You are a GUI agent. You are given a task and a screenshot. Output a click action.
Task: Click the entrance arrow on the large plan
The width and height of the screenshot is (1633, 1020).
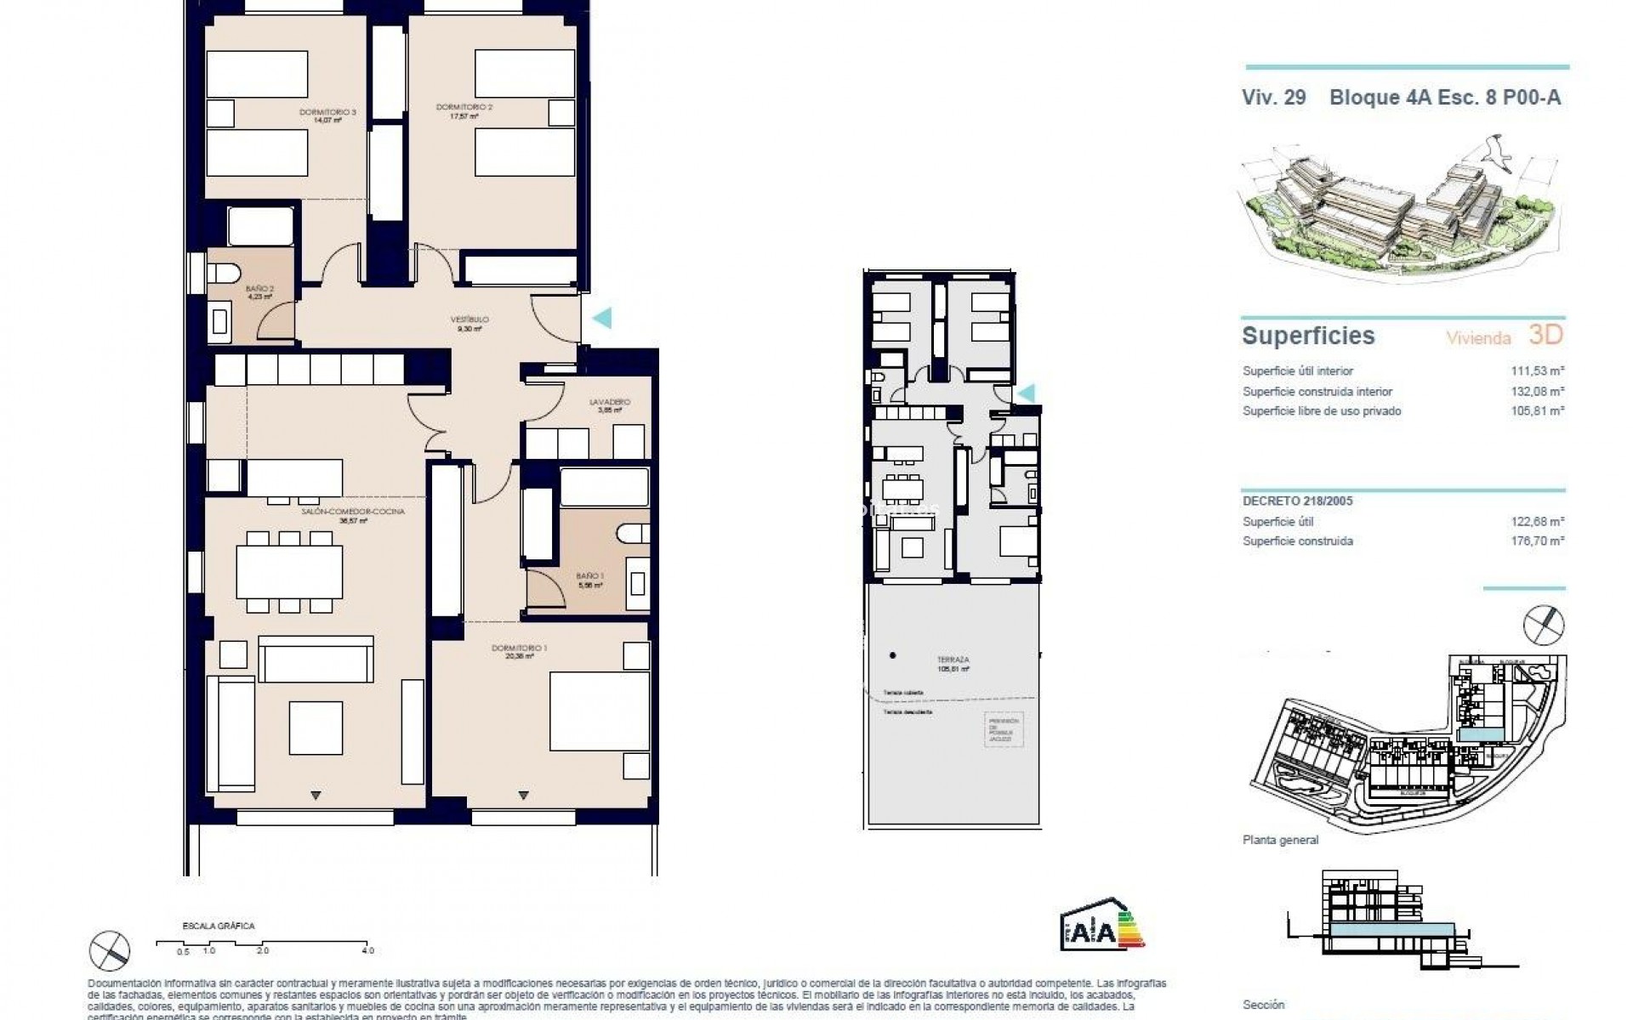(601, 318)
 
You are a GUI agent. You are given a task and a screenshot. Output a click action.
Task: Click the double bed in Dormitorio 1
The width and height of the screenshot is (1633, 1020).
(599, 711)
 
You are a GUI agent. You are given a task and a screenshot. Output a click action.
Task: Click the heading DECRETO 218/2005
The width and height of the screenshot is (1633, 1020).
(1297, 501)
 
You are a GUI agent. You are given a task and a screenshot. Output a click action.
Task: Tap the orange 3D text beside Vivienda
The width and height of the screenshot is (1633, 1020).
(1545, 335)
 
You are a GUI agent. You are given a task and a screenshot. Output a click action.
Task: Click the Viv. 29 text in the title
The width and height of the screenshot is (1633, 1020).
(1273, 98)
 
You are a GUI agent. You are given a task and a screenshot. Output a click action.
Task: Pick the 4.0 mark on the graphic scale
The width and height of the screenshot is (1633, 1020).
(367, 950)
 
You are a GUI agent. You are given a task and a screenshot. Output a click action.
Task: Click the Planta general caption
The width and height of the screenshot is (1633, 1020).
(1280, 840)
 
